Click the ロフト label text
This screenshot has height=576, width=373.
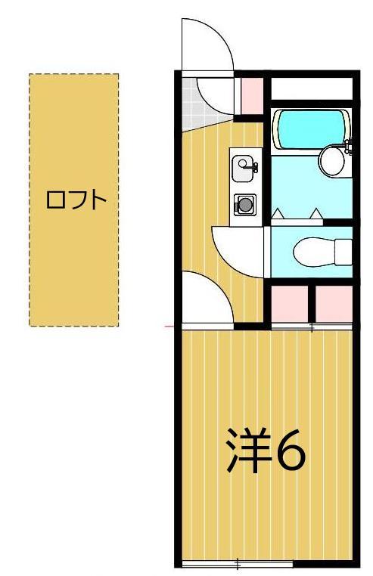[73, 201]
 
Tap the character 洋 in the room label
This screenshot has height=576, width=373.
[248, 451]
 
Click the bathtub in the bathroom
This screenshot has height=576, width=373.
[310, 129]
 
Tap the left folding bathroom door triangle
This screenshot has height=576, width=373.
[278, 214]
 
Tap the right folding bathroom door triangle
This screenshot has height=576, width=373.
[316, 214]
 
